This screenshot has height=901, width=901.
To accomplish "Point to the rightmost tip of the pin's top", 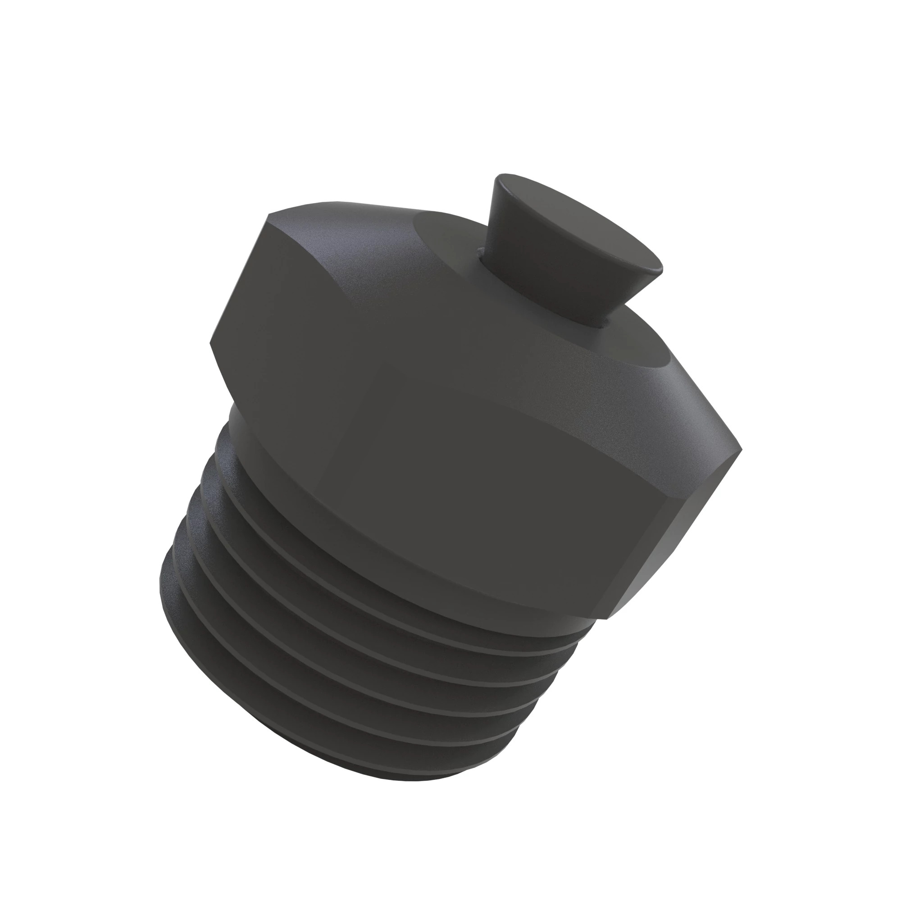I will pyautogui.click(x=661, y=269).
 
